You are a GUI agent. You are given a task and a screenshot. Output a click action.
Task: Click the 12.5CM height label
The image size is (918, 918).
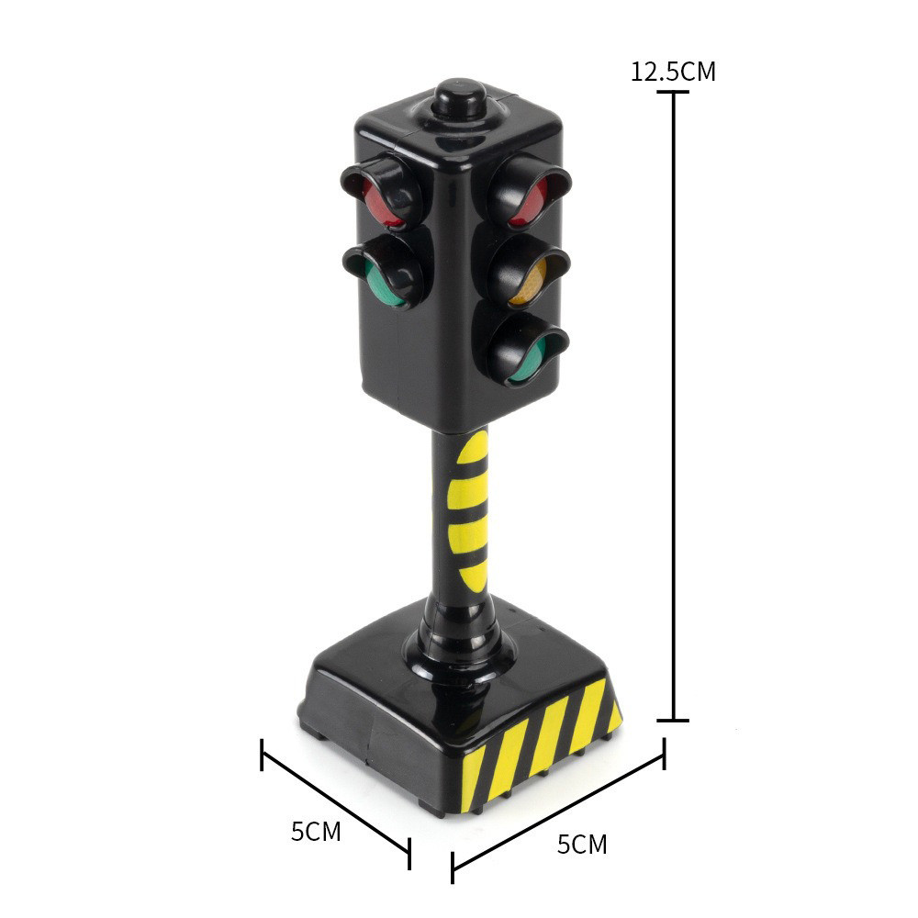coord(673,72)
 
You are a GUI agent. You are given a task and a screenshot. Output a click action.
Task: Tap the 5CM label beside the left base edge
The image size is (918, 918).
coord(316,832)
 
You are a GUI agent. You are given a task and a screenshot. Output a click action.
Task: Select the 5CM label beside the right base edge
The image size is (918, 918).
coord(582,845)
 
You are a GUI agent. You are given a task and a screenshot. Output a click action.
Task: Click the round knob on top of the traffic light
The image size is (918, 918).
coord(460,98)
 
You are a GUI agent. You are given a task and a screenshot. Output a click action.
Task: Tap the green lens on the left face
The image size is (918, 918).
coord(384,285)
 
